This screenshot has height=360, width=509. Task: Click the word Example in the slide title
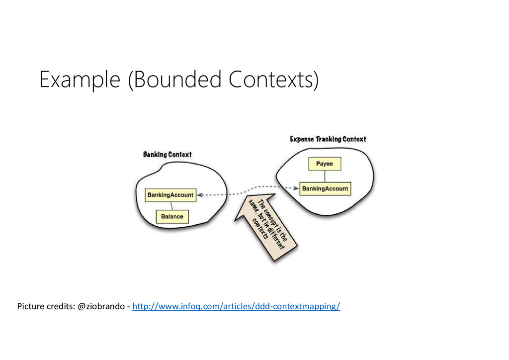point(80,80)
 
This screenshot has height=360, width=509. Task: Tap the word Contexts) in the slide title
point(274,80)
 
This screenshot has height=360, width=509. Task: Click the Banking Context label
point(167,154)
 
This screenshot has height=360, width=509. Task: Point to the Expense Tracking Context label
point(328,139)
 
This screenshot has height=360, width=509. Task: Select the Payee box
point(325,164)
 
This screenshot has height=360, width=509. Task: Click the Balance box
point(172,216)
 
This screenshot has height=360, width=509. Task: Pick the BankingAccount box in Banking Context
point(170,195)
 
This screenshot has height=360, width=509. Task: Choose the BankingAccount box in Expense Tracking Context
point(325,188)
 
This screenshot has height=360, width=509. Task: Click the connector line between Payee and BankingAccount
point(325,176)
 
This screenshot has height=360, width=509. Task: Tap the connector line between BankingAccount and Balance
point(171,205)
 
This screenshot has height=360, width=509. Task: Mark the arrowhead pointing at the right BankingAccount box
point(296,188)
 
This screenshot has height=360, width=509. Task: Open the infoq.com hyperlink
point(236,306)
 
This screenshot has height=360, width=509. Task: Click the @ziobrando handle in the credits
point(101,306)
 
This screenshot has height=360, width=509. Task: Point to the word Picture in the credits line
point(30,306)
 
